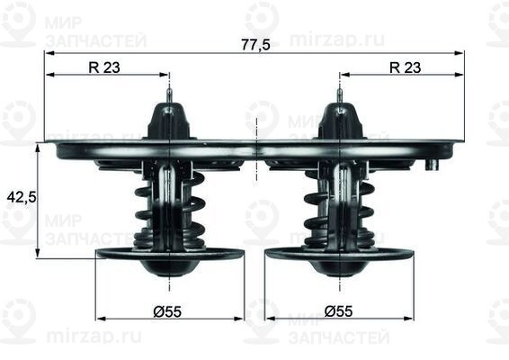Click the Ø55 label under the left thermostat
(167, 311)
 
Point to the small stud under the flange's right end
(432, 165)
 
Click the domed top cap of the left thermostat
(169, 121)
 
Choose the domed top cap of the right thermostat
(339, 121)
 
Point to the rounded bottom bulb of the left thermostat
(169, 268)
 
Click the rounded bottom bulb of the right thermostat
(339, 268)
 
